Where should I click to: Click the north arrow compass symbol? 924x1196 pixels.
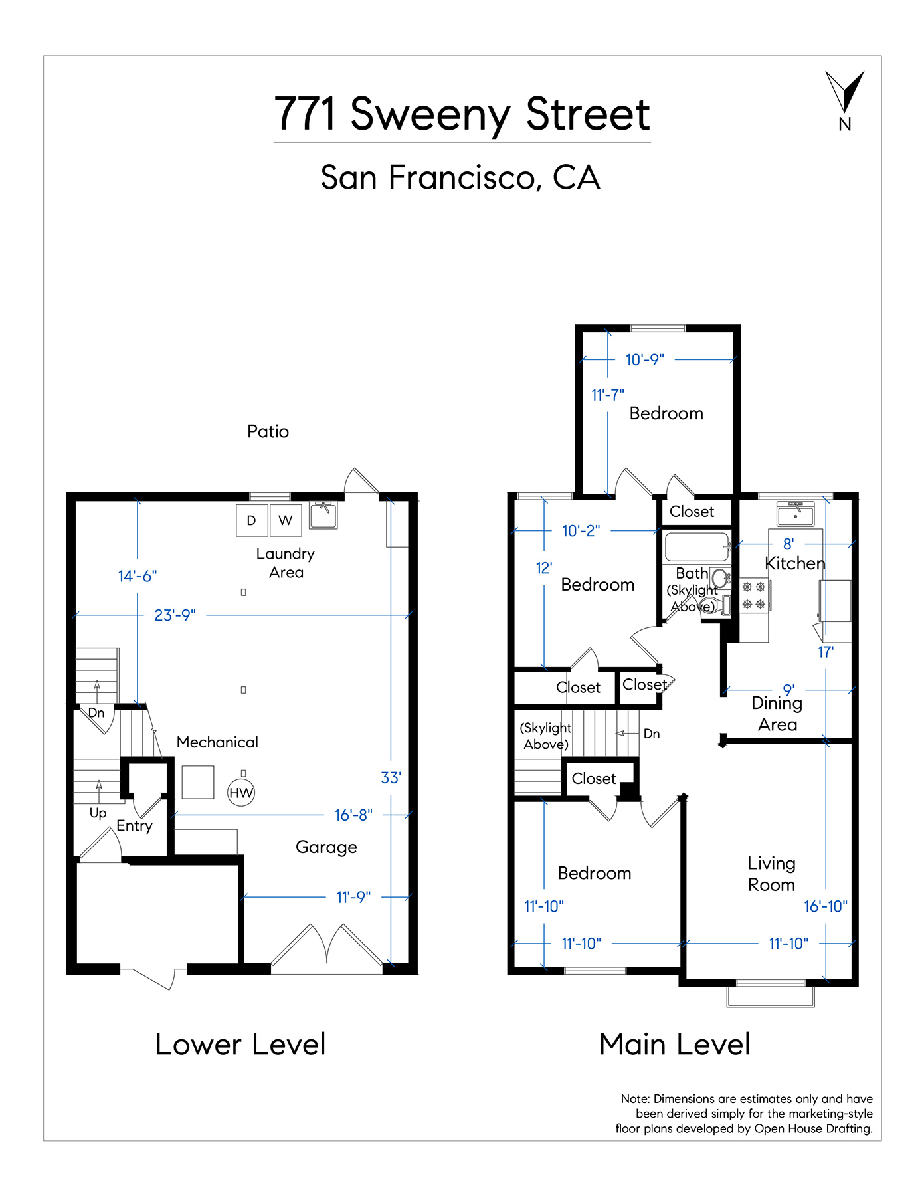pyautogui.click(x=844, y=93)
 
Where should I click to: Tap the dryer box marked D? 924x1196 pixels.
pyautogui.click(x=252, y=520)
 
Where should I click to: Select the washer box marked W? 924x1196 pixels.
pyautogui.click(x=286, y=520)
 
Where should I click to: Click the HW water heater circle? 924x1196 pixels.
pyautogui.click(x=241, y=793)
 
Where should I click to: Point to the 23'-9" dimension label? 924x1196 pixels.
pyautogui.click(x=175, y=615)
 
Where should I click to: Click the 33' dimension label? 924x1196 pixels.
pyautogui.click(x=391, y=778)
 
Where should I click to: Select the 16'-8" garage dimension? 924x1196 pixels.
pyautogui.click(x=353, y=815)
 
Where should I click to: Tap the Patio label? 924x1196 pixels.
pyautogui.click(x=268, y=432)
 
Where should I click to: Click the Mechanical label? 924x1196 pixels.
pyautogui.click(x=217, y=742)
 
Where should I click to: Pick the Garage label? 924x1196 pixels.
pyautogui.click(x=326, y=848)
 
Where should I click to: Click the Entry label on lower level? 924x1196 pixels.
pyautogui.click(x=134, y=826)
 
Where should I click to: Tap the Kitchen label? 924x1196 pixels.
pyautogui.click(x=795, y=563)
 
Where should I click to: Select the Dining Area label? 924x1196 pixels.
pyautogui.click(x=777, y=714)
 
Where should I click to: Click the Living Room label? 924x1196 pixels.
pyautogui.click(x=771, y=874)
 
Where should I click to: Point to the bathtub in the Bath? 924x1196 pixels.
pyautogui.click(x=697, y=547)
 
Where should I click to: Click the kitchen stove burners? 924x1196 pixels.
pyautogui.click(x=754, y=595)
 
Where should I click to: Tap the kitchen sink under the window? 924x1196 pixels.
pyautogui.click(x=796, y=514)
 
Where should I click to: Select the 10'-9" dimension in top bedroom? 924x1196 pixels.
pyautogui.click(x=645, y=360)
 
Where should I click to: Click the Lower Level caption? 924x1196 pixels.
pyautogui.click(x=240, y=1045)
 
